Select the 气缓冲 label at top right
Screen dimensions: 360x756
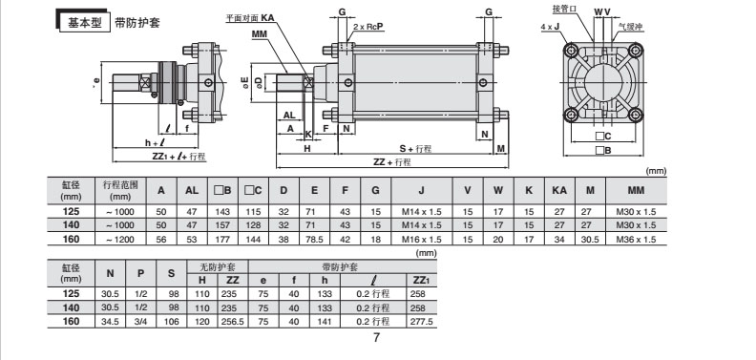click(632, 29)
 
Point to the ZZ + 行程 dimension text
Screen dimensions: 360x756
click(392, 162)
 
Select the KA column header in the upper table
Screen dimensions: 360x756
click(559, 191)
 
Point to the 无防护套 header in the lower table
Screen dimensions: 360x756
click(217, 267)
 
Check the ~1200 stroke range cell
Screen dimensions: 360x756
click(120, 239)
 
